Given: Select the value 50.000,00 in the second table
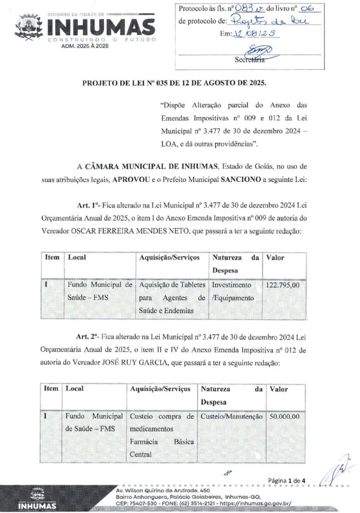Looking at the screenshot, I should coord(284,416).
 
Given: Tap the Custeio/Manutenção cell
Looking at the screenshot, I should coord(231,416).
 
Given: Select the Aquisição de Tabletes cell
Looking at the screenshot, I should coord(172,298).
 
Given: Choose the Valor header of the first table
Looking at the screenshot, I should coord(275,258).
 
